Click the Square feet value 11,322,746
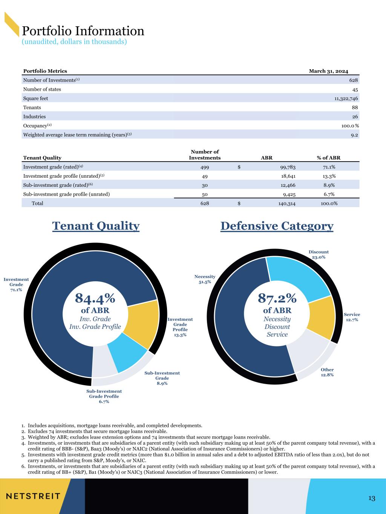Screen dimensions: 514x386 pos(344,99)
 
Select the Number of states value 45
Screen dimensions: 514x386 pos(355,90)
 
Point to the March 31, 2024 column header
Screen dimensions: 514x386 pos(328,71)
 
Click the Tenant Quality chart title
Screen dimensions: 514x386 pos(96,226)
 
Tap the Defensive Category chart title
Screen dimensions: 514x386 pos(277,226)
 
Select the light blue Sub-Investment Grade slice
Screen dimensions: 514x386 pos(127,358)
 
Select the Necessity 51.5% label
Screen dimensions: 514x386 pos(205,279)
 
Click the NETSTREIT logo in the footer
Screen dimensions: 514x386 pos(33,496)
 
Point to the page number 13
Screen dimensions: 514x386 pos(372,499)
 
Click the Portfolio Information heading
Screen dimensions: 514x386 pos(83,31)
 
